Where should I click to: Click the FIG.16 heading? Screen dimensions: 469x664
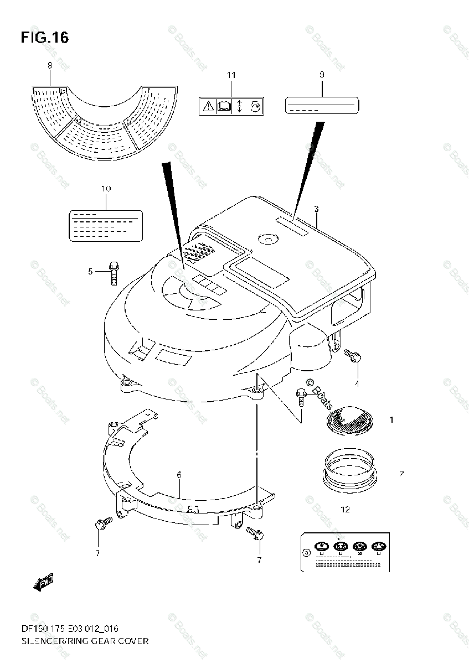pyautogui.click(x=45, y=38)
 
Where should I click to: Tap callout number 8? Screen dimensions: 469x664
pyautogui.click(x=49, y=65)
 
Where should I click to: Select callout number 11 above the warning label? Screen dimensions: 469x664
pyautogui.click(x=231, y=75)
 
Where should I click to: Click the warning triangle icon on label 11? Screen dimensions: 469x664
pyautogui.click(x=208, y=105)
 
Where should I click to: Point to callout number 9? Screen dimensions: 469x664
pyautogui.click(x=322, y=74)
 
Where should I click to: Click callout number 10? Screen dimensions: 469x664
pyautogui.click(x=106, y=189)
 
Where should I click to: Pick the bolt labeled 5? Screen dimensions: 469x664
pyautogui.click(x=114, y=272)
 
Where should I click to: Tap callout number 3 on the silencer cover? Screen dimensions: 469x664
pyautogui.click(x=316, y=209)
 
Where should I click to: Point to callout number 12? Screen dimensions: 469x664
pyautogui.click(x=345, y=510)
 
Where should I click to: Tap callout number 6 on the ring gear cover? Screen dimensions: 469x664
pyautogui.click(x=179, y=474)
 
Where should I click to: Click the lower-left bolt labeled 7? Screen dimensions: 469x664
pyautogui.click(x=104, y=522)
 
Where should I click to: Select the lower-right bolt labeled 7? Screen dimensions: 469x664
pyautogui.click(x=255, y=533)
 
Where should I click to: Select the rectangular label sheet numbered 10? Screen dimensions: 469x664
pyautogui.click(x=106, y=224)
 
